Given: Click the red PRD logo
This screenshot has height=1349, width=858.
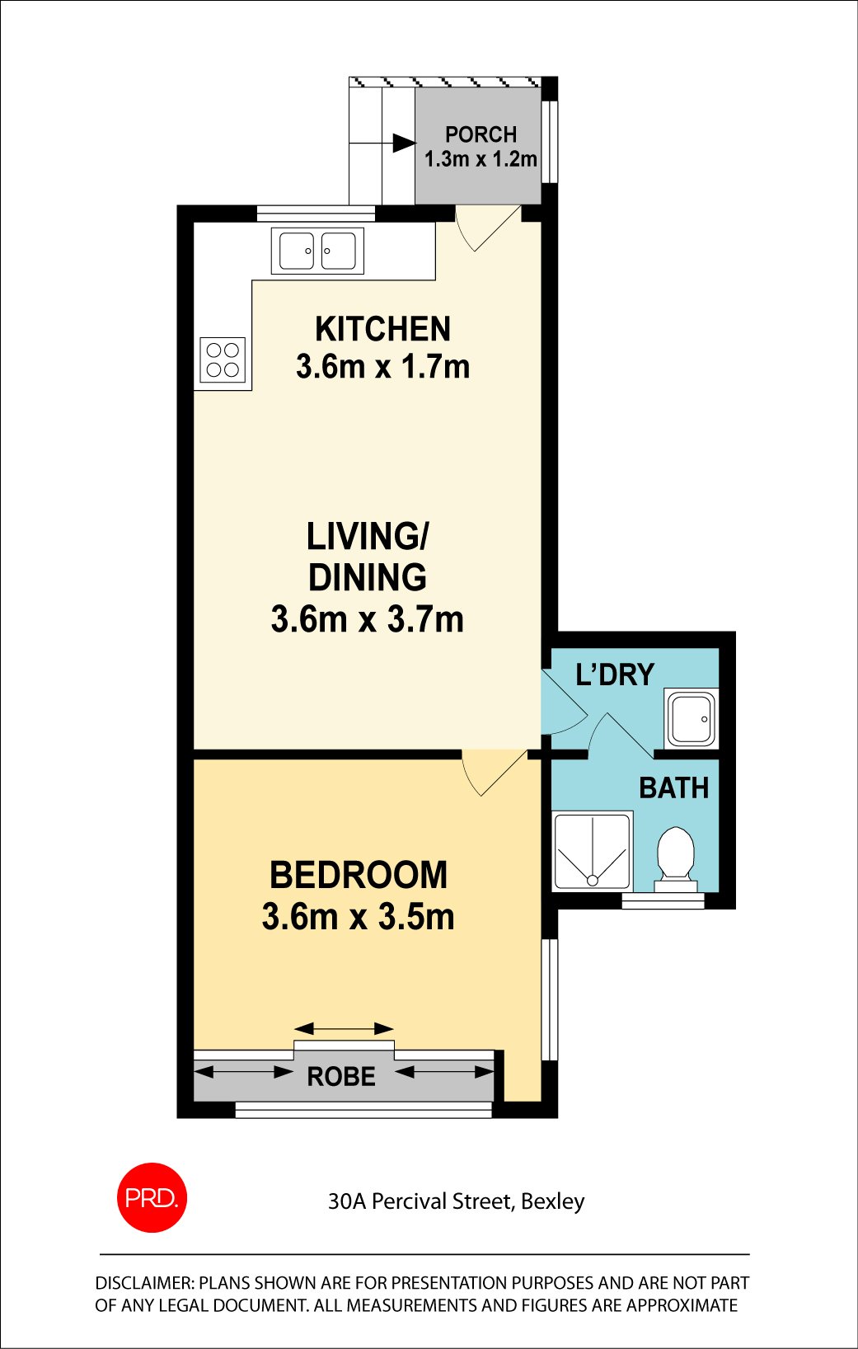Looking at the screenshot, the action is click(x=152, y=1197).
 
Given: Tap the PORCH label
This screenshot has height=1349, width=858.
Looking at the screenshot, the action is click(x=481, y=134).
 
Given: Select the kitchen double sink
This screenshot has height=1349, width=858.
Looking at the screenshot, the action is click(x=317, y=251).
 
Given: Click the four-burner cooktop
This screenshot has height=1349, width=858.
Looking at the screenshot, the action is click(x=223, y=360).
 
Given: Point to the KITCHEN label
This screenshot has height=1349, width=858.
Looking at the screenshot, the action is click(x=383, y=329).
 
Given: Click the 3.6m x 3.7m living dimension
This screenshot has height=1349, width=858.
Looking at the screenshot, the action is click(x=368, y=619).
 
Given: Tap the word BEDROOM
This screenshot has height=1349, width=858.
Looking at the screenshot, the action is click(x=359, y=875).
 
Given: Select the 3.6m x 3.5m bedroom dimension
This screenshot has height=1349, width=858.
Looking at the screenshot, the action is click(x=359, y=917).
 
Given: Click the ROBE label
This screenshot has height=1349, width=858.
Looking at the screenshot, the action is click(x=341, y=1077).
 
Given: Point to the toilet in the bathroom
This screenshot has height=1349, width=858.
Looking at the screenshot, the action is click(x=676, y=858).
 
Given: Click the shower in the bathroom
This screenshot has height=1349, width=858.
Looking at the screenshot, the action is click(x=593, y=850).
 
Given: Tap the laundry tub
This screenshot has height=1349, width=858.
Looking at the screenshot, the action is click(x=692, y=719).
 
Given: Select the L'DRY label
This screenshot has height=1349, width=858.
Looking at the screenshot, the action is click(x=615, y=674).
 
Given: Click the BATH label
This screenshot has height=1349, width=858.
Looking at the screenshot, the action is click(x=673, y=787).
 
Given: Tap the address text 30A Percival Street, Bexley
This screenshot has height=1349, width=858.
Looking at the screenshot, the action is click(x=457, y=1201).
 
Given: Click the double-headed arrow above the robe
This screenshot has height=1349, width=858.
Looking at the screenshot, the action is click(x=344, y=1028).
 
